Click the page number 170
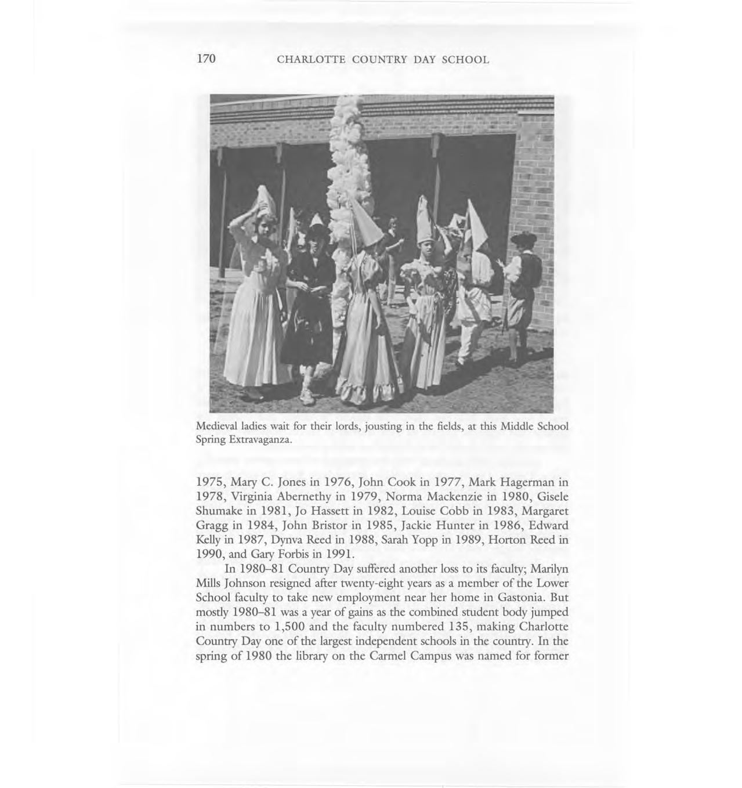click(x=206, y=59)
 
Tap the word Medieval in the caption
click(x=217, y=426)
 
